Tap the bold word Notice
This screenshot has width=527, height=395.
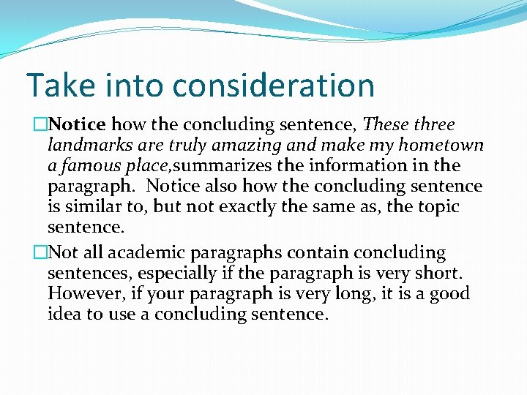[x=80, y=125]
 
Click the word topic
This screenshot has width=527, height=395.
[x=436, y=207]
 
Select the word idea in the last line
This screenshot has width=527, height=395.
[x=64, y=315]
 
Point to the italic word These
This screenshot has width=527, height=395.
[x=387, y=125]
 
